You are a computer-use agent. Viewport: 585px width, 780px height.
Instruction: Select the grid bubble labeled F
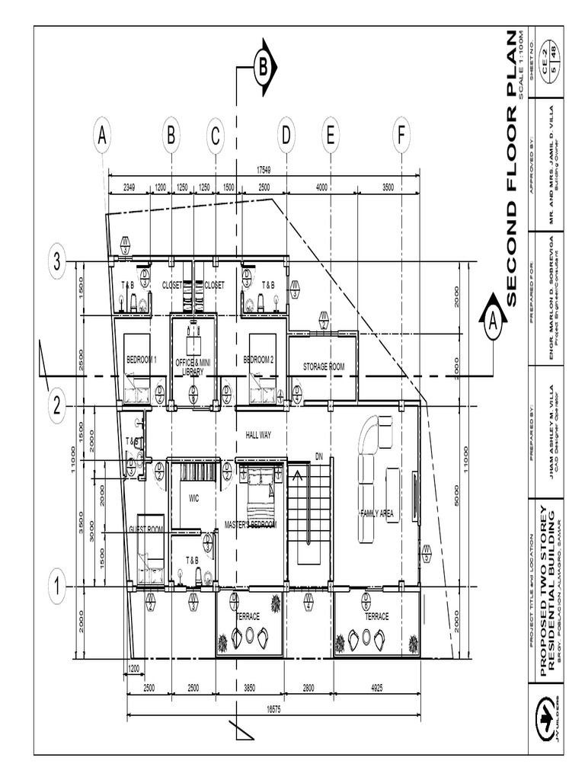(401, 136)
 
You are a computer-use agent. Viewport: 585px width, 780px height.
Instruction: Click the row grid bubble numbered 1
(56, 587)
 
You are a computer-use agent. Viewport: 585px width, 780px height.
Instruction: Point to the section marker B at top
(262, 68)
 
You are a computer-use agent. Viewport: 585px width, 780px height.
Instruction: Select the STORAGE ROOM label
(324, 366)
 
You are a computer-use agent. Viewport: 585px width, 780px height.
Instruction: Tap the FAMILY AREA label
(376, 514)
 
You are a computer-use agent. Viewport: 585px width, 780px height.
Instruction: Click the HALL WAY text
(258, 435)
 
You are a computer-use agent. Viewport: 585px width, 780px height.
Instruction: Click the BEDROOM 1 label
(142, 360)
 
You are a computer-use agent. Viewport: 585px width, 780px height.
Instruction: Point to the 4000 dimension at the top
(321, 187)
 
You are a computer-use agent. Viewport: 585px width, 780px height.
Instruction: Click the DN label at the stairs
(319, 457)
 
